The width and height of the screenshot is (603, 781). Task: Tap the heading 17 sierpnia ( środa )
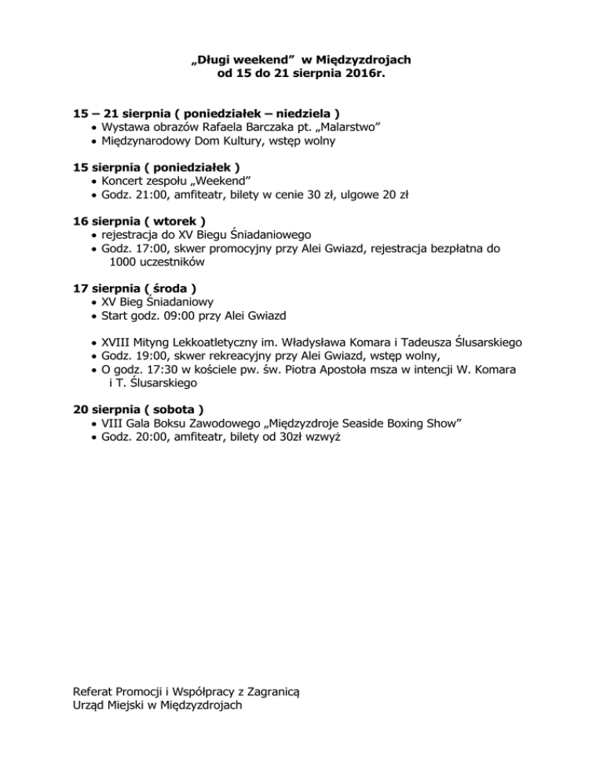coord(134,288)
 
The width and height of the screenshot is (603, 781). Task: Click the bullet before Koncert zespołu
coord(94,181)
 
